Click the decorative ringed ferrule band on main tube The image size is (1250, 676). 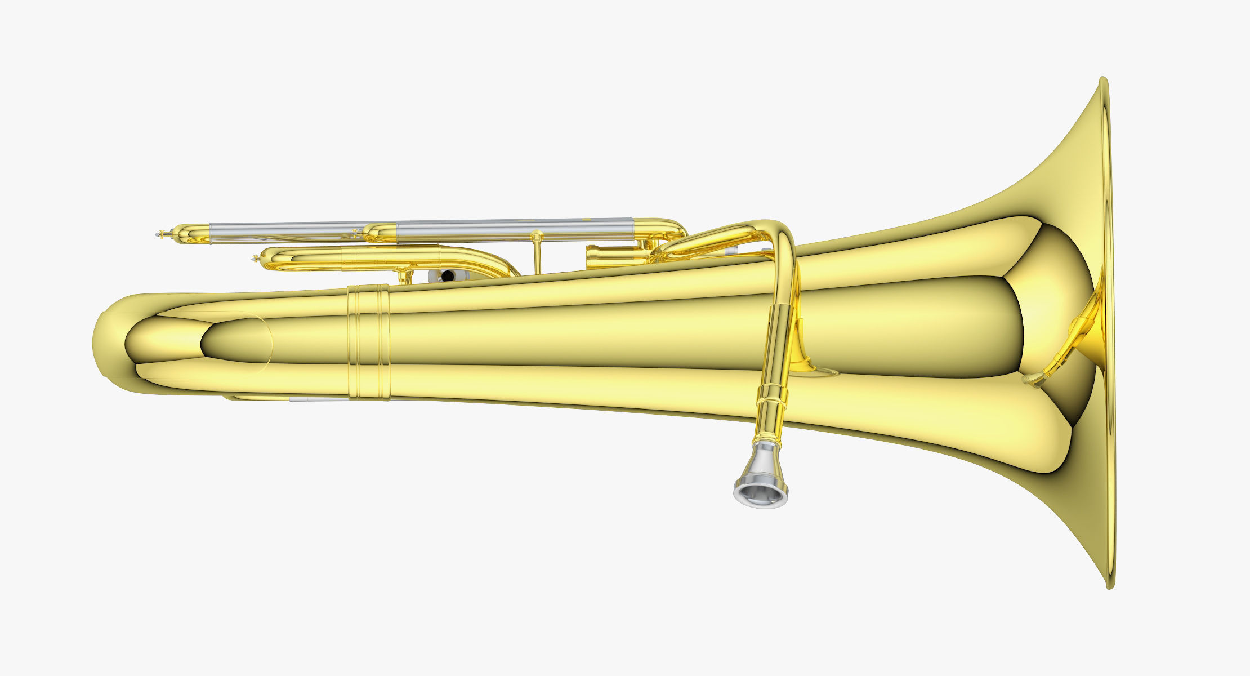pos(368,342)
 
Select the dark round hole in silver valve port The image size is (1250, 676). pos(448,275)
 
